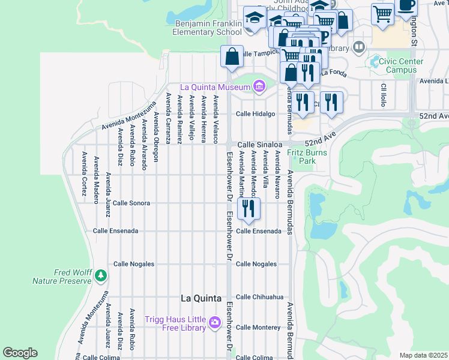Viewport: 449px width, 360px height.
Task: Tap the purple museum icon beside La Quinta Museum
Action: coord(259,88)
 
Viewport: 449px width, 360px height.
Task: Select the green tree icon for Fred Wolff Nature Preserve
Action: coord(101,275)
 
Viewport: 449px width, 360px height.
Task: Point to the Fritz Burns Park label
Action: coord(301,157)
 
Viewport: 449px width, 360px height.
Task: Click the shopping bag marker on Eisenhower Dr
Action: coord(232,57)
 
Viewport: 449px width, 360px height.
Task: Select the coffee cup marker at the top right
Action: coord(406,5)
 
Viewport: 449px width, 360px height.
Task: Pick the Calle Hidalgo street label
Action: coord(255,113)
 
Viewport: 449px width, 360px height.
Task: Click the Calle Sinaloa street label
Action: coord(259,145)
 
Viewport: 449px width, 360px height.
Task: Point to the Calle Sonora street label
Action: coord(131,203)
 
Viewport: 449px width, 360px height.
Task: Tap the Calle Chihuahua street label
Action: coord(259,297)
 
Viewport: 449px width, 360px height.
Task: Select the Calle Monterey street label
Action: coord(258,327)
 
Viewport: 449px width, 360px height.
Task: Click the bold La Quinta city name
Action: coord(201,298)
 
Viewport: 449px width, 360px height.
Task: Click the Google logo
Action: coord(20,353)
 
